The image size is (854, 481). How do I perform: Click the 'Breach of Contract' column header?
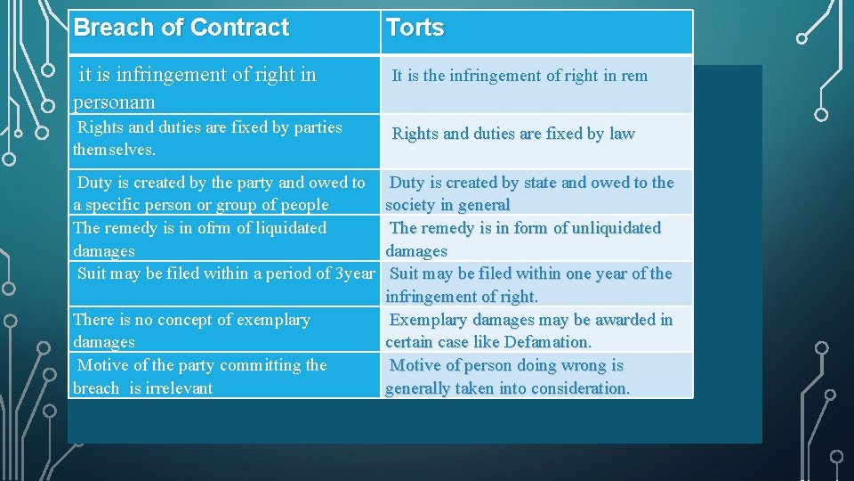point(181,28)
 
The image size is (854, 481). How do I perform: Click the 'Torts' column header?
point(415,28)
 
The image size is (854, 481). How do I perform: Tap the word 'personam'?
point(114,102)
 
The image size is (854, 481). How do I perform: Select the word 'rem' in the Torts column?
point(634,76)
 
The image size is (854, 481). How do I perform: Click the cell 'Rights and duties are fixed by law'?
point(513,134)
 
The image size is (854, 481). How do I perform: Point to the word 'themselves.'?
point(114,150)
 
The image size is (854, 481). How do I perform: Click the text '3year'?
point(355,273)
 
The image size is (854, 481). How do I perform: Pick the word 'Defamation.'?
point(547,342)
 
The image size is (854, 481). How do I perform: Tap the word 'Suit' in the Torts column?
point(407,273)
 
